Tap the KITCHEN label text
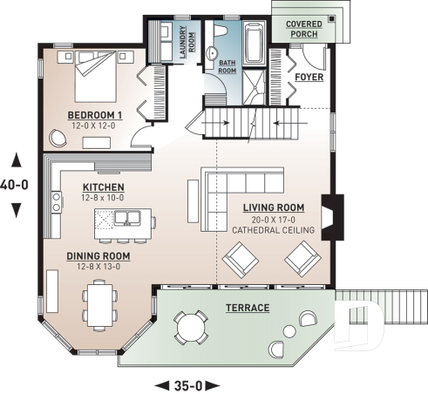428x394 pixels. (103, 187)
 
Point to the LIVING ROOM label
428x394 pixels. (274, 207)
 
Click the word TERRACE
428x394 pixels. (248, 309)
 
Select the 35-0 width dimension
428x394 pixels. (186, 384)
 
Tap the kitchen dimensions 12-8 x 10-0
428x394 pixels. (103, 199)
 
